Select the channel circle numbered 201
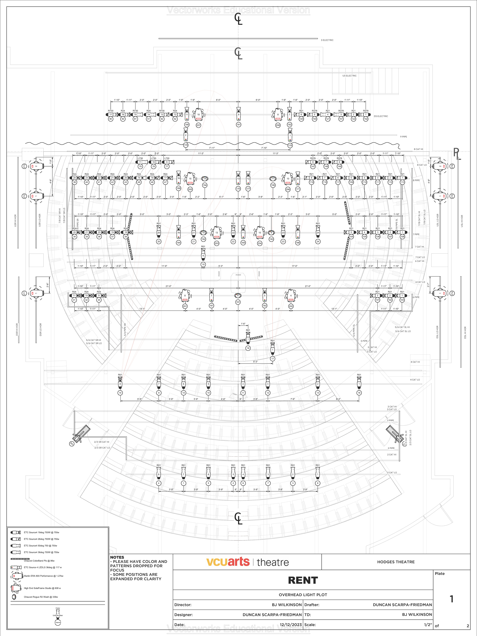(x=185, y=306)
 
